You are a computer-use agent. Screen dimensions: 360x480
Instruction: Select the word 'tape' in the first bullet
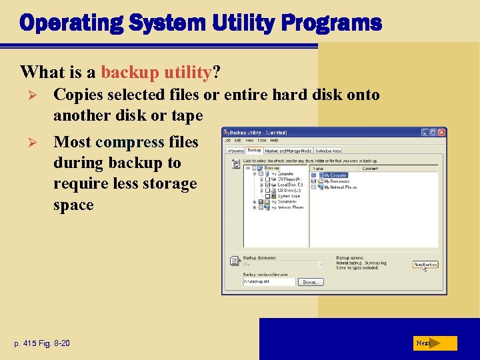(x=186, y=115)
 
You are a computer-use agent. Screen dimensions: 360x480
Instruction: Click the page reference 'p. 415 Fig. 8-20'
(x=41, y=343)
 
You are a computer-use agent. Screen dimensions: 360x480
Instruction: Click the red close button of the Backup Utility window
(x=441, y=133)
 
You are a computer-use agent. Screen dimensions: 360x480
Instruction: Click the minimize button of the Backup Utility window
(x=425, y=133)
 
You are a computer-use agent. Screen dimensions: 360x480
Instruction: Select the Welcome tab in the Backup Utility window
(x=235, y=151)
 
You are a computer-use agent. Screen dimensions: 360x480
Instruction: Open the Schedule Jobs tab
(x=329, y=151)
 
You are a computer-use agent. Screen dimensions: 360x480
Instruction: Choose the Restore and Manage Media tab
(x=288, y=151)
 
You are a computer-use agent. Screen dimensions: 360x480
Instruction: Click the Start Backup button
(x=425, y=264)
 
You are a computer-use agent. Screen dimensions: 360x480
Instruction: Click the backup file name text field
(x=269, y=282)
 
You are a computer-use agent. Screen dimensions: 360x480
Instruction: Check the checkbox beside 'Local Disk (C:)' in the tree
(x=268, y=185)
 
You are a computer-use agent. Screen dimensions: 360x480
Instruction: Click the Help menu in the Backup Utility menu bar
(x=274, y=141)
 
